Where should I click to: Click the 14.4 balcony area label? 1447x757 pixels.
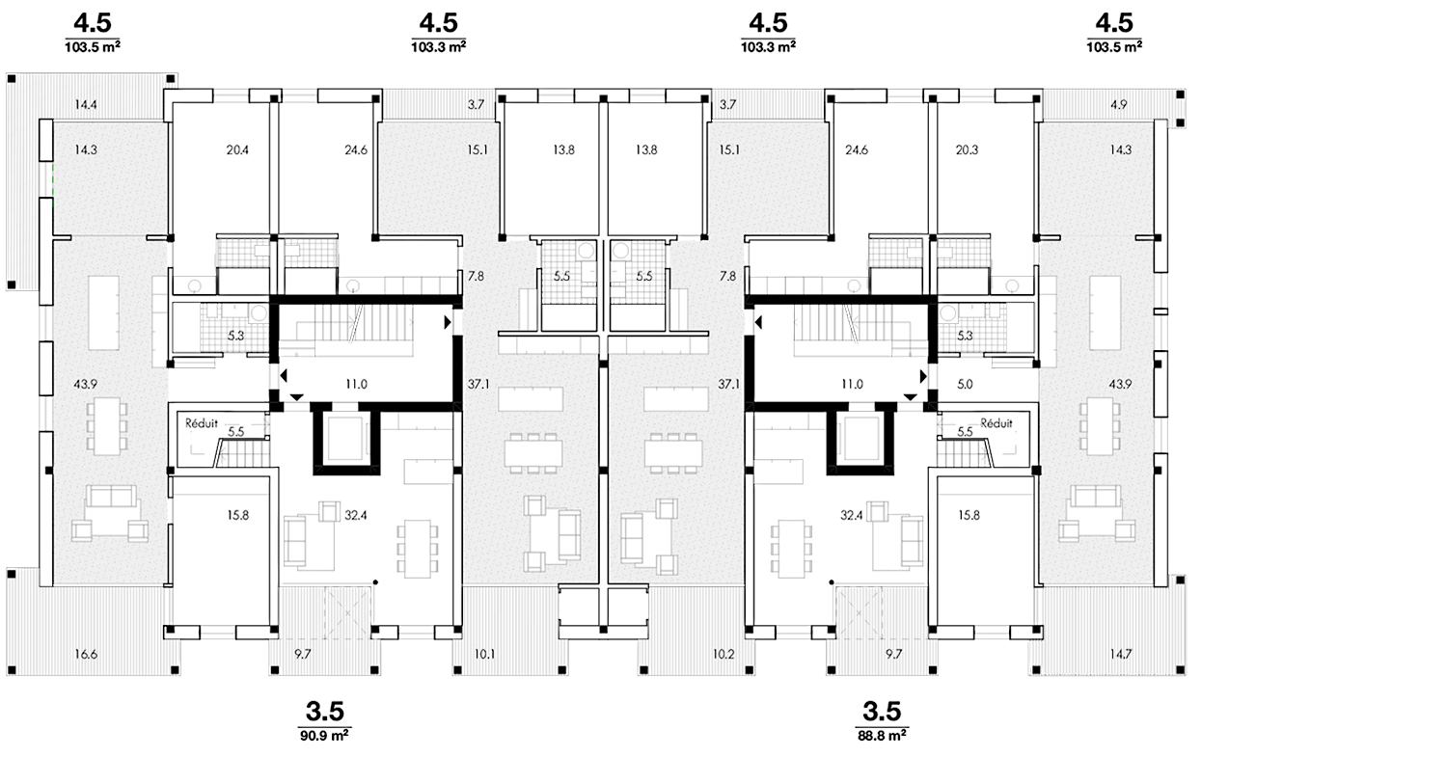coord(86,105)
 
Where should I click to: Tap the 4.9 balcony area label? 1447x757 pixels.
coord(1118,105)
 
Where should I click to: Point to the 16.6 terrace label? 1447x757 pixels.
coord(86,655)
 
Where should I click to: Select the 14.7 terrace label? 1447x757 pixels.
coord(1121,655)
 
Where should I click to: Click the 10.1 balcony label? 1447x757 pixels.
coord(484,655)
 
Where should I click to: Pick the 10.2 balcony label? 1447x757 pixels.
coord(723,655)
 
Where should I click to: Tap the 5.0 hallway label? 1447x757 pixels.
coord(965,385)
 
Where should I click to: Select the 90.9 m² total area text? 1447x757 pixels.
coord(325,736)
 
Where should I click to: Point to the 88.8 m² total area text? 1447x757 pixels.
coord(883,736)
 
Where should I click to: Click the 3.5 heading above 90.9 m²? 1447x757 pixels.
coord(325,711)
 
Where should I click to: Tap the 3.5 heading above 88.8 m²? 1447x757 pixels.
coord(882,711)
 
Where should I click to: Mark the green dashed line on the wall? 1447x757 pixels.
coord(52,179)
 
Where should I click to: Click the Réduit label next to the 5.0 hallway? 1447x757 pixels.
coord(997,423)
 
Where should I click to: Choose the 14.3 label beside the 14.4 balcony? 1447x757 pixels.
coord(85,149)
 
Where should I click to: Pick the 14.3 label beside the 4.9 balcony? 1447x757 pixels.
coord(1121,149)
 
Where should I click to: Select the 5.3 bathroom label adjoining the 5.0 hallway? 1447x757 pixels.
coord(965,336)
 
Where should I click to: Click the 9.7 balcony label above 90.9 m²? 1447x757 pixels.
coord(302,655)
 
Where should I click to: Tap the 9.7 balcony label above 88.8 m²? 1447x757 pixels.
coord(893,655)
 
